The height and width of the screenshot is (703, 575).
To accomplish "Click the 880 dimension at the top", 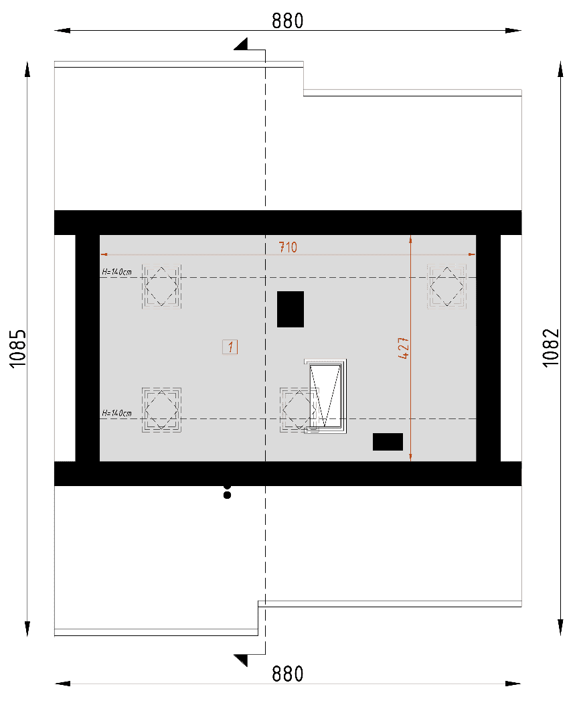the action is [288, 21].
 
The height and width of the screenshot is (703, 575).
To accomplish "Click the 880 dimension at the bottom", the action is [288, 674].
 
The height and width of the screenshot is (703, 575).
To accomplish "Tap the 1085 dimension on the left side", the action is [18, 349].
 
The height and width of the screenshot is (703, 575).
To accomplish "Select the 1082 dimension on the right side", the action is [552, 348].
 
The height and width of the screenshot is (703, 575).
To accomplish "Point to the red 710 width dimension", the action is [288, 247].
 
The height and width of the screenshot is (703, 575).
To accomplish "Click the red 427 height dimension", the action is [404, 348].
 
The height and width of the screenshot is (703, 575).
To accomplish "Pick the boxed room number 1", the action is [230, 347].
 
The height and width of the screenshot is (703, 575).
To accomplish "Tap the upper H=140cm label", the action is [116, 272].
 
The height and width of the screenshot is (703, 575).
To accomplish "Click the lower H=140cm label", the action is [116, 413].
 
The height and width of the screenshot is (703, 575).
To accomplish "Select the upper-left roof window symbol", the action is [161, 286].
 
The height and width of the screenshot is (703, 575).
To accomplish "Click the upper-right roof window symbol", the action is [447, 286].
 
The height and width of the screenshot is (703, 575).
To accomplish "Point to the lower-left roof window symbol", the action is [161, 410].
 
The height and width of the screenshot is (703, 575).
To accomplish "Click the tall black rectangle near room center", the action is [291, 309].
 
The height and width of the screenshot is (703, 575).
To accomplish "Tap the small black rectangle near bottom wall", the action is [388, 442].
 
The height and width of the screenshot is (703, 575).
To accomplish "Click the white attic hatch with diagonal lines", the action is [325, 396].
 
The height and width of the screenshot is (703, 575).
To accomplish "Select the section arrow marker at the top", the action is [242, 44].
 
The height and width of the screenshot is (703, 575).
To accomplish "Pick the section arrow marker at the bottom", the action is [242, 660].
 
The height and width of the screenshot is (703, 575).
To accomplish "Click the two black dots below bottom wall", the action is [227, 491].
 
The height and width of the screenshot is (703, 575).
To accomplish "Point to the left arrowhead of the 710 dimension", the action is [104, 254].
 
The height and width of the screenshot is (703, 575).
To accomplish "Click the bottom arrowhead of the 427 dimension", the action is [410, 457].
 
